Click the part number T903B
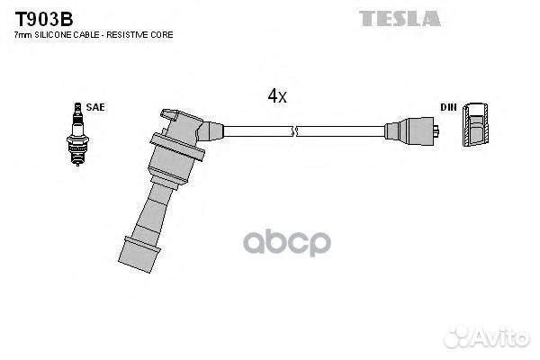[44, 19]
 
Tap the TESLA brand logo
[400, 19]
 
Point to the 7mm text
[23, 35]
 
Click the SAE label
[95, 107]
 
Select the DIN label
[448, 107]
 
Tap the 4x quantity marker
[277, 95]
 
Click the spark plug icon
[77, 134]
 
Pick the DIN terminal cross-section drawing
[475, 124]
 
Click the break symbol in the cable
[294, 131]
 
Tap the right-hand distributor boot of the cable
[409, 131]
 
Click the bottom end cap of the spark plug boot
[139, 255]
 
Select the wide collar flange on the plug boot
[177, 147]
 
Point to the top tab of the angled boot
[169, 115]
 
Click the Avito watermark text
[487, 337]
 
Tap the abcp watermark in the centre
[287, 243]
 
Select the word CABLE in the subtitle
[86, 35]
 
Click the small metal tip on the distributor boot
[436, 131]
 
